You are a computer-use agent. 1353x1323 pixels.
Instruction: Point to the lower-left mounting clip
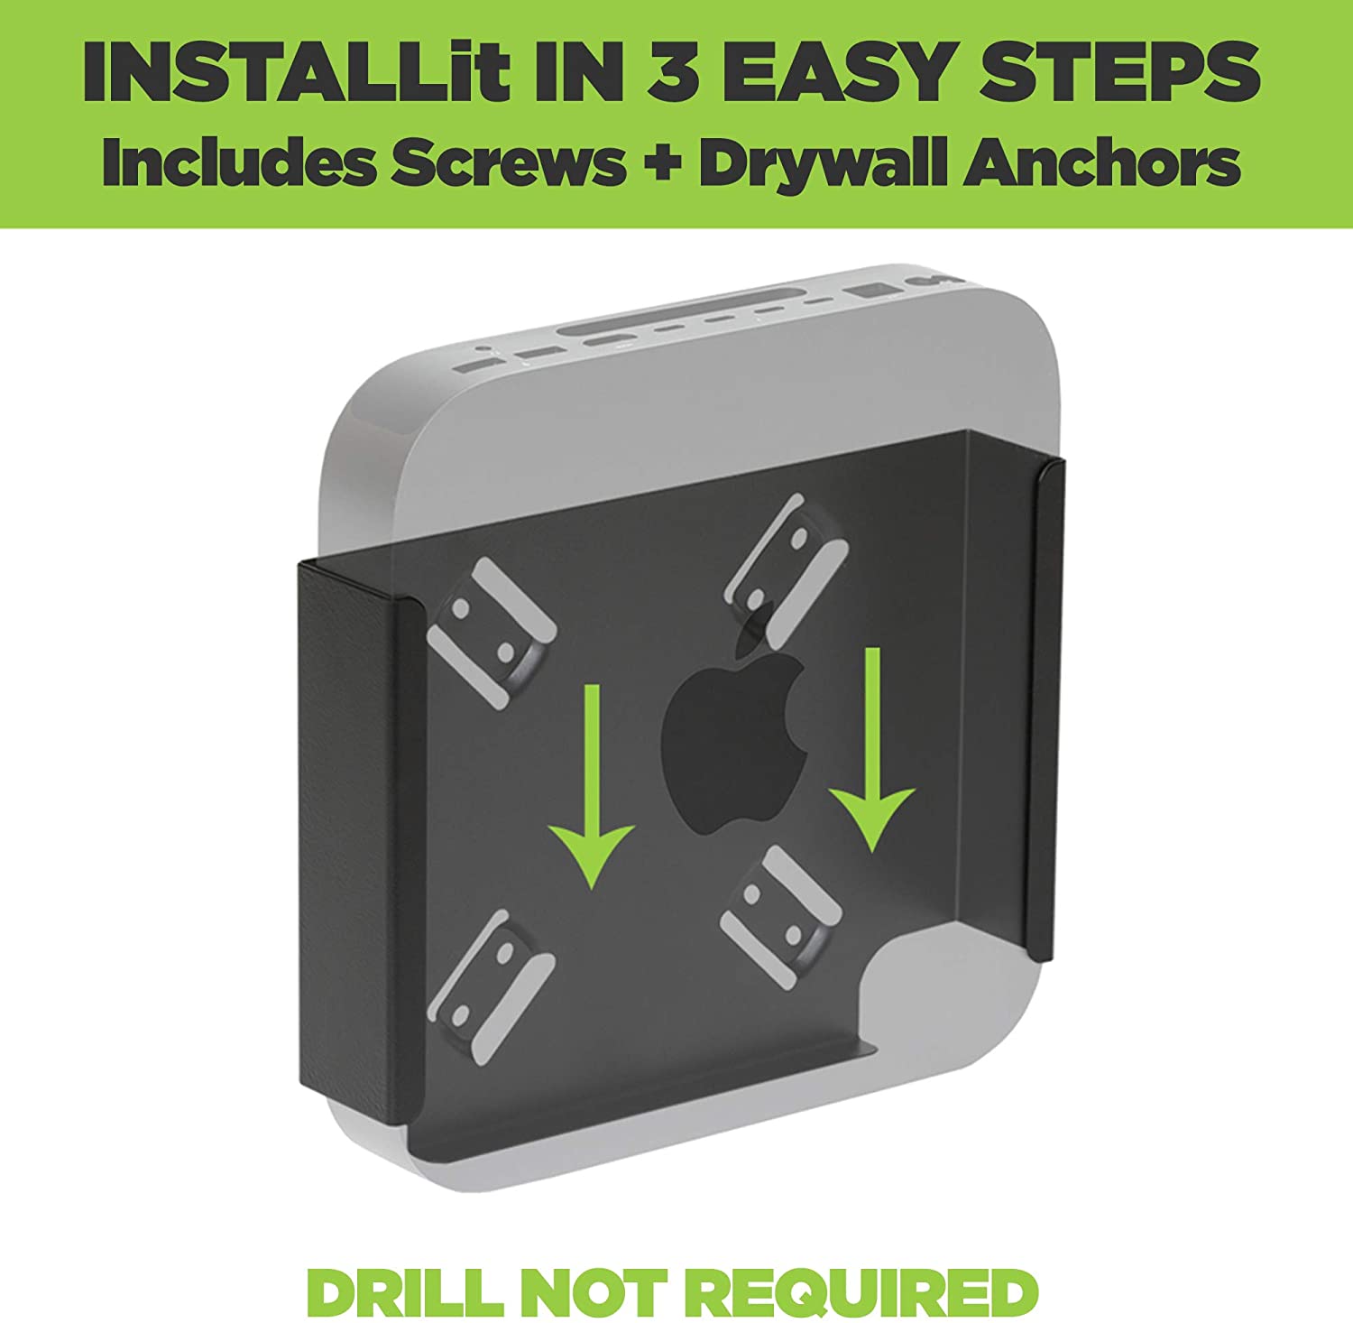click(x=492, y=987)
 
